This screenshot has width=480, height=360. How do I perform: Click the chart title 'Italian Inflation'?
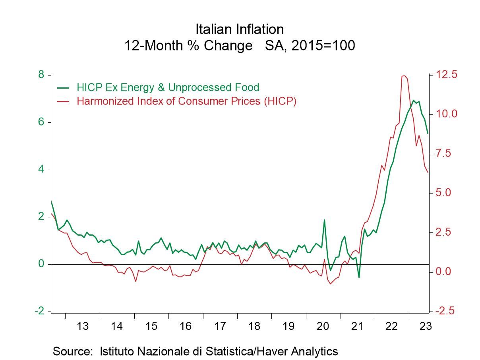point(240,29)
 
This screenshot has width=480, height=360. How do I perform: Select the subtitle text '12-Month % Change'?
point(188,46)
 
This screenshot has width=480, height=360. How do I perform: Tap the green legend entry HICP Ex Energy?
point(168,87)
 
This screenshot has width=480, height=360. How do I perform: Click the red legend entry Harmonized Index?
point(186,101)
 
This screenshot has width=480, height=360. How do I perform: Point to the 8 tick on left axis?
point(41,75)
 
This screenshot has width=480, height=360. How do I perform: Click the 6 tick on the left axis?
point(41,122)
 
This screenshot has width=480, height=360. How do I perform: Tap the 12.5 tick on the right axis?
point(447,75)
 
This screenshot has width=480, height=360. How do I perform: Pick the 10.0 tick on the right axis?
point(447,114)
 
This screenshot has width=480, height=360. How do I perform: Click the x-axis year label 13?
point(82,326)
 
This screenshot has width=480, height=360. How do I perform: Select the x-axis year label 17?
point(220,326)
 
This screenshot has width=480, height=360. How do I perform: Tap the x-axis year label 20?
point(323,326)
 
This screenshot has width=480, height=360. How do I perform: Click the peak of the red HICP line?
point(404,75)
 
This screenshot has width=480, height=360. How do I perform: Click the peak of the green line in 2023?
point(414,100)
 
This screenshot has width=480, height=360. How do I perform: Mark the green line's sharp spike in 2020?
point(324,220)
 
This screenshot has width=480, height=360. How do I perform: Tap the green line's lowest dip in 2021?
point(359,277)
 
